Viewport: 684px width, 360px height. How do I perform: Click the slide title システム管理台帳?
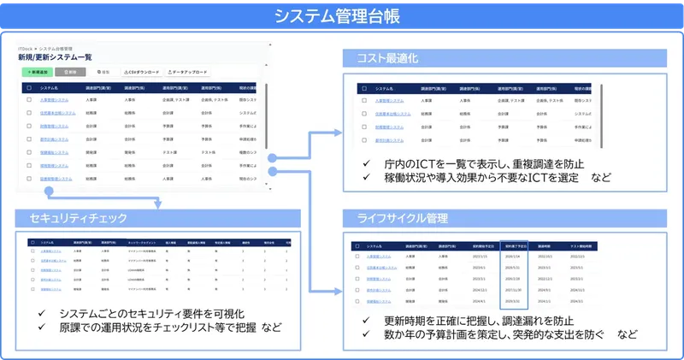342,15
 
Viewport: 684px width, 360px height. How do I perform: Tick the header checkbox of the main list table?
29,87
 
